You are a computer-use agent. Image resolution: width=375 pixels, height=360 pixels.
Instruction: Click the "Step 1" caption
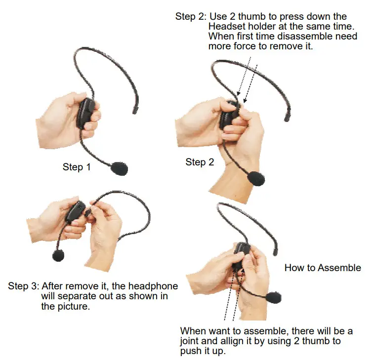click(77, 167)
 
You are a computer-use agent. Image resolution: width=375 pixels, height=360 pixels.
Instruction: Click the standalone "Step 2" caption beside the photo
click(200, 162)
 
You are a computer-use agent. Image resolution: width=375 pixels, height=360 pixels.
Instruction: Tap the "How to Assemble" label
click(323, 268)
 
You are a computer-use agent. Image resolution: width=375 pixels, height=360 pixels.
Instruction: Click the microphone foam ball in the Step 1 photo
click(119, 168)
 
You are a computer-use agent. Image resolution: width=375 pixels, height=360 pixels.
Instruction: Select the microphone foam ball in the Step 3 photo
click(58, 255)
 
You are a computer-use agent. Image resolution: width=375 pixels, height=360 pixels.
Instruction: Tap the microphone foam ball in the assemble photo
click(273, 297)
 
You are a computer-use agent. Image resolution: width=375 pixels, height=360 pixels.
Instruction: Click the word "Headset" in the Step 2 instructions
click(226, 27)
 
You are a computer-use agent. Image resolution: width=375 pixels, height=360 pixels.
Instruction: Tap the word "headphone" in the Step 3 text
click(155, 286)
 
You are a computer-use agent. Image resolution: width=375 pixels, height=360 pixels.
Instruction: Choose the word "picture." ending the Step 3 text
click(74, 306)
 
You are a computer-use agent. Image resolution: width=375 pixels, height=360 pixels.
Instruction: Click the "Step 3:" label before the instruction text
click(23, 286)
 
